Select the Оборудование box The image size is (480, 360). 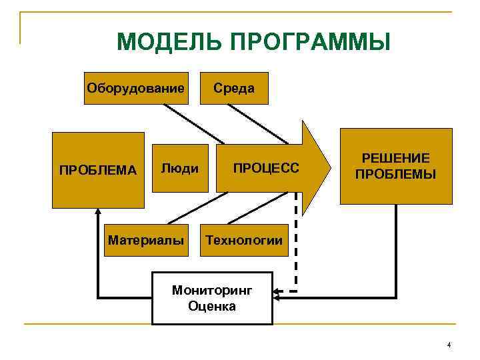pyautogui.click(x=136, y=88)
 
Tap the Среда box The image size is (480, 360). pyautogui.click(x=234, y=88)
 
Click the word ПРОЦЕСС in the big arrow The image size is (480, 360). pyautogui.click(x=266, y=167)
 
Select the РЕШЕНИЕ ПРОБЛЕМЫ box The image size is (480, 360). pyautogui.click(x=395, y=166)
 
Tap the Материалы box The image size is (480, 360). pyautogui.click(x=145, y=239)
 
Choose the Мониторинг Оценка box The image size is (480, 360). pyautogui.click(x=212, y=298)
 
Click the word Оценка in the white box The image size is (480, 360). pyautogui.click(x=212, y=307)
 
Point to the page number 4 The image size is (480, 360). pyautogui.click(x=449, y=345)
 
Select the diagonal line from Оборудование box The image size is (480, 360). pyautogui.click(x=193, y=124)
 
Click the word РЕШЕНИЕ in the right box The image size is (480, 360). pyautogui.click(x=395, y=159)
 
